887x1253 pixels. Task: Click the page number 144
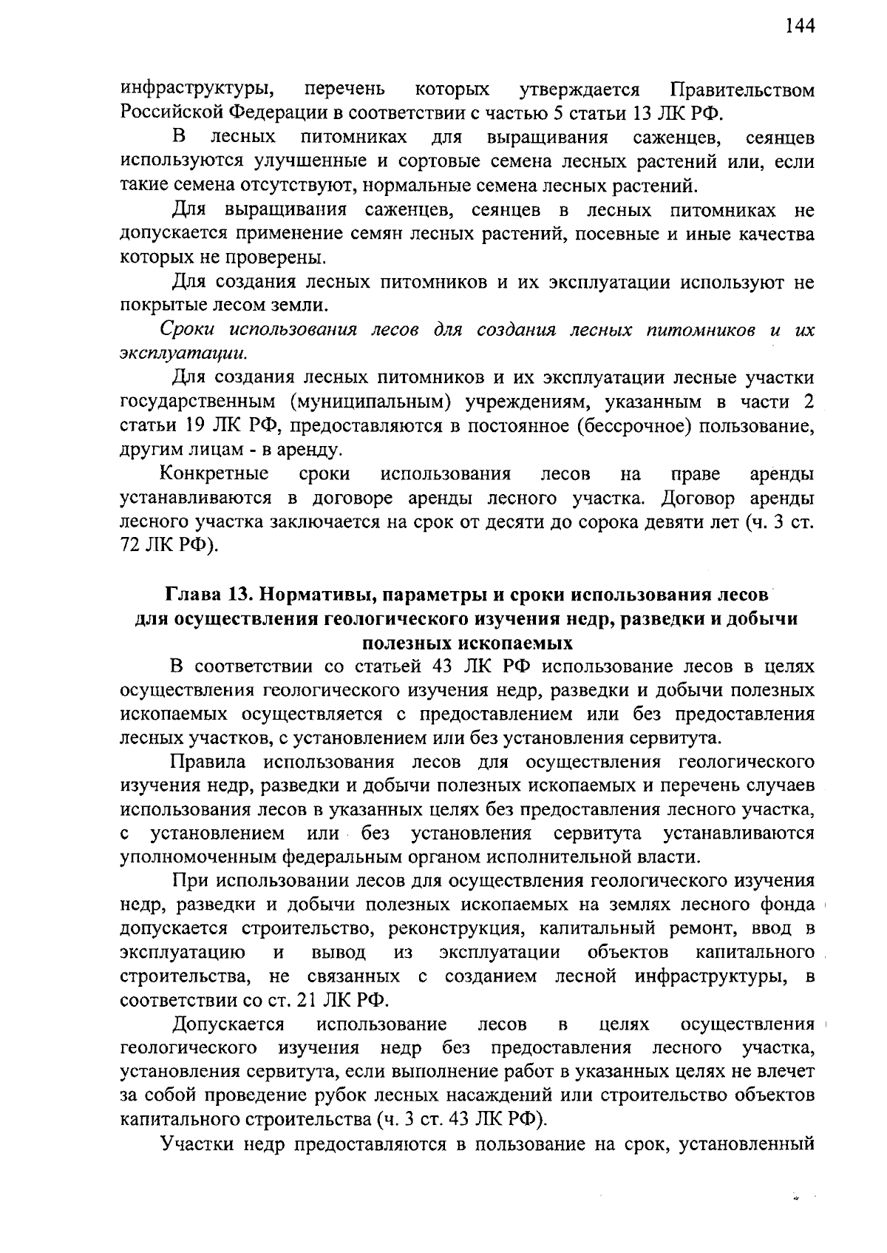coord(799,27)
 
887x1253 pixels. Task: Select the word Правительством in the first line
coord(742,91)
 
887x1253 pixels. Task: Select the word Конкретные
coord(214,473)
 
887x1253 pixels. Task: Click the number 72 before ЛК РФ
coord(130,546)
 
